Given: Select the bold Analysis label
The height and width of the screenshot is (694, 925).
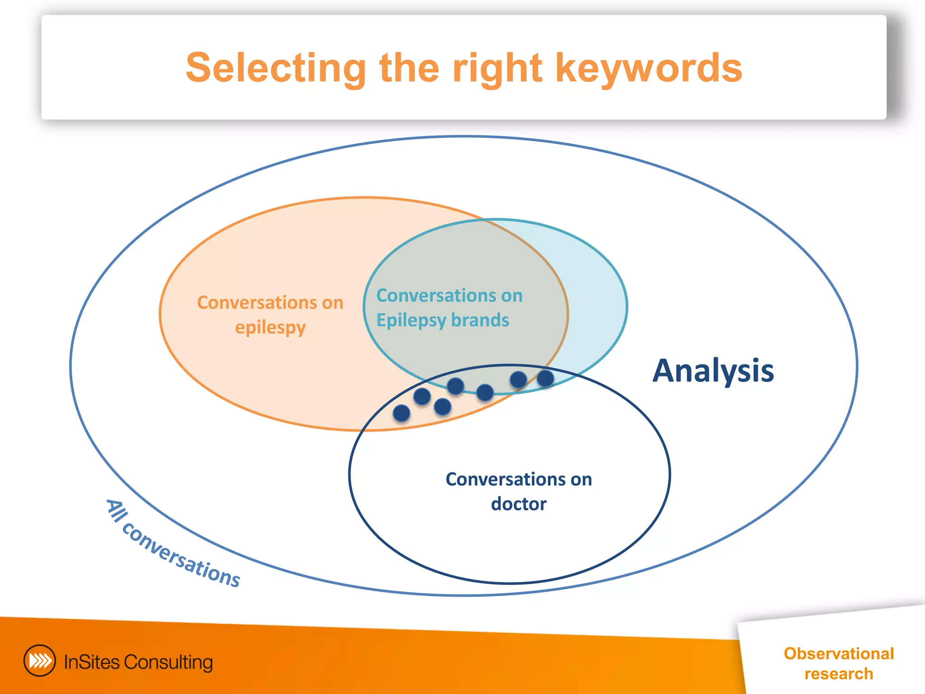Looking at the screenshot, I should tap(713, 371).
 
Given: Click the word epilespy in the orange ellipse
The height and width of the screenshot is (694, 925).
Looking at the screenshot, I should tap(270, 328).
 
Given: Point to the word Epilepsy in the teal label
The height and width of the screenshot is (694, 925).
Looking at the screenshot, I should tap(411, 321).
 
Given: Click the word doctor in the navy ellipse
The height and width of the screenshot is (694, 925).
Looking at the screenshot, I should tap(519, 504).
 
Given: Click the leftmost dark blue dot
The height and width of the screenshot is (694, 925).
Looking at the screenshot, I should tap(402, 413).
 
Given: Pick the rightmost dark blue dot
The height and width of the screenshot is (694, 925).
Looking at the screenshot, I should tap(545, 378).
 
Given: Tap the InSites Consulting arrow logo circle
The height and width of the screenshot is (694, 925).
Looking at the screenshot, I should tap(40, 661).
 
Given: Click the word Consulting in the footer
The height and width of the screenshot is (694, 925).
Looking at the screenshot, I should tap(168, 662).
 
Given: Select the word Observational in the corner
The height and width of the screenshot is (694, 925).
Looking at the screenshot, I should tap(838, 654).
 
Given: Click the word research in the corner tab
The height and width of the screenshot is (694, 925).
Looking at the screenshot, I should tap(838, 674).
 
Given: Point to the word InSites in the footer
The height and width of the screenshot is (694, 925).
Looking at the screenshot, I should tap(92, 662).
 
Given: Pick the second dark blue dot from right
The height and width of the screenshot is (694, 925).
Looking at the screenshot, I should tap(518, 380).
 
